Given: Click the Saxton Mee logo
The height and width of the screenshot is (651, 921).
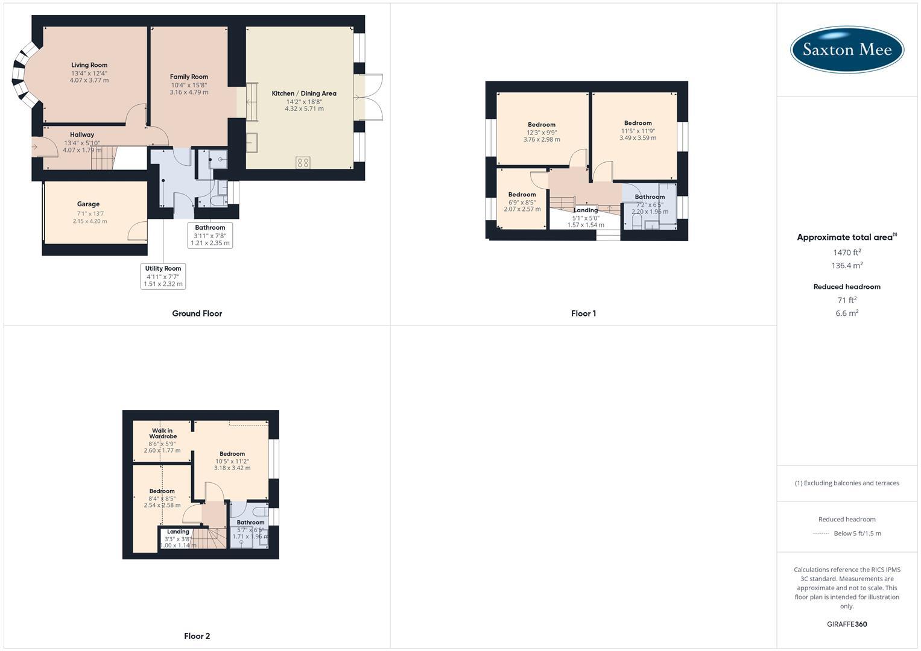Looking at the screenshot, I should coord(847,49).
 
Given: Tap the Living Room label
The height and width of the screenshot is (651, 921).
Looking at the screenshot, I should coord(89,65).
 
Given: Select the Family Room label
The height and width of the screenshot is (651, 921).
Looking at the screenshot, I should coord(189,77).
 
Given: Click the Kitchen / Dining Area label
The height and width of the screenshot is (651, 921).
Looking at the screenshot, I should coord(304,93).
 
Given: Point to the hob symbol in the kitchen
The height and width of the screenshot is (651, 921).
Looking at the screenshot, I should coord(303,162).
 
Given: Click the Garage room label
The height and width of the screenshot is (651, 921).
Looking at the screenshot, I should coord(88,204).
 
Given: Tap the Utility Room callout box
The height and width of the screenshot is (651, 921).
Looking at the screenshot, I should coord(163,276).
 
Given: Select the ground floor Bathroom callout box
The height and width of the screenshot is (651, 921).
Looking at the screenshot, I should coord(210,235).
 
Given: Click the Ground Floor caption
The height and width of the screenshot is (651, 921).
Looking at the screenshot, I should coord(197,313).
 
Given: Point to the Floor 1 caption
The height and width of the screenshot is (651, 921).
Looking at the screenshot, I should coord(583,313).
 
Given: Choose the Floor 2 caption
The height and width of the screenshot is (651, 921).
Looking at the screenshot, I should coord(197,636).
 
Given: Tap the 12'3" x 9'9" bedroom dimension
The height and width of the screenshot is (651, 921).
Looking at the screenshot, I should coord(542,132).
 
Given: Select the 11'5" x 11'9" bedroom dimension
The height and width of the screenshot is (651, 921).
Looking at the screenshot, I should coord(638,131).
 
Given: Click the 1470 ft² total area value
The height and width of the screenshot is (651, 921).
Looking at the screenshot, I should coord(847,253).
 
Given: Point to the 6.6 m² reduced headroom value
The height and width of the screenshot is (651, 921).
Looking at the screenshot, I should coord(847,313).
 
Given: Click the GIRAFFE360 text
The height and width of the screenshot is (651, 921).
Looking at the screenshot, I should coord(847,624).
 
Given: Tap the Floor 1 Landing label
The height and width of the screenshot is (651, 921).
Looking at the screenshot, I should coord(586,210).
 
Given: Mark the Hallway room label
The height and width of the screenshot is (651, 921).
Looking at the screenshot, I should coord(82,135).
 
